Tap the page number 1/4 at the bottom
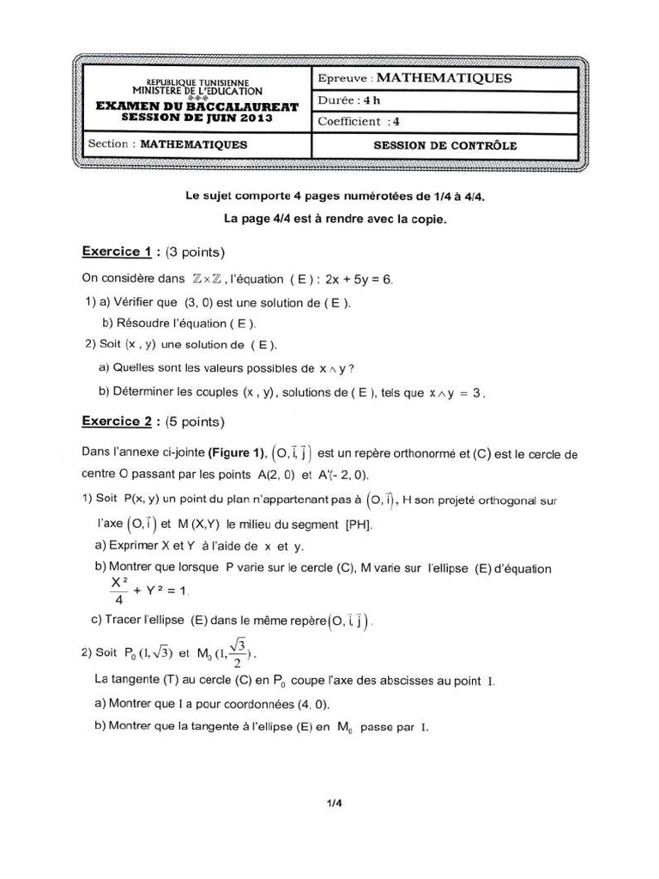point(334,803)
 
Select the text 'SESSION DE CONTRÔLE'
point(444,145)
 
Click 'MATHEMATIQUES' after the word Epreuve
point(444,78)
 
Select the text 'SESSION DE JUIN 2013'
point(197,118)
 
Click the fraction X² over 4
point(118,590)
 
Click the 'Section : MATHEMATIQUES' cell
point(167,145)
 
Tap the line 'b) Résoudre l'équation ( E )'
point(178,324)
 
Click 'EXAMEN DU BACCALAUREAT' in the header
point(197,106)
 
